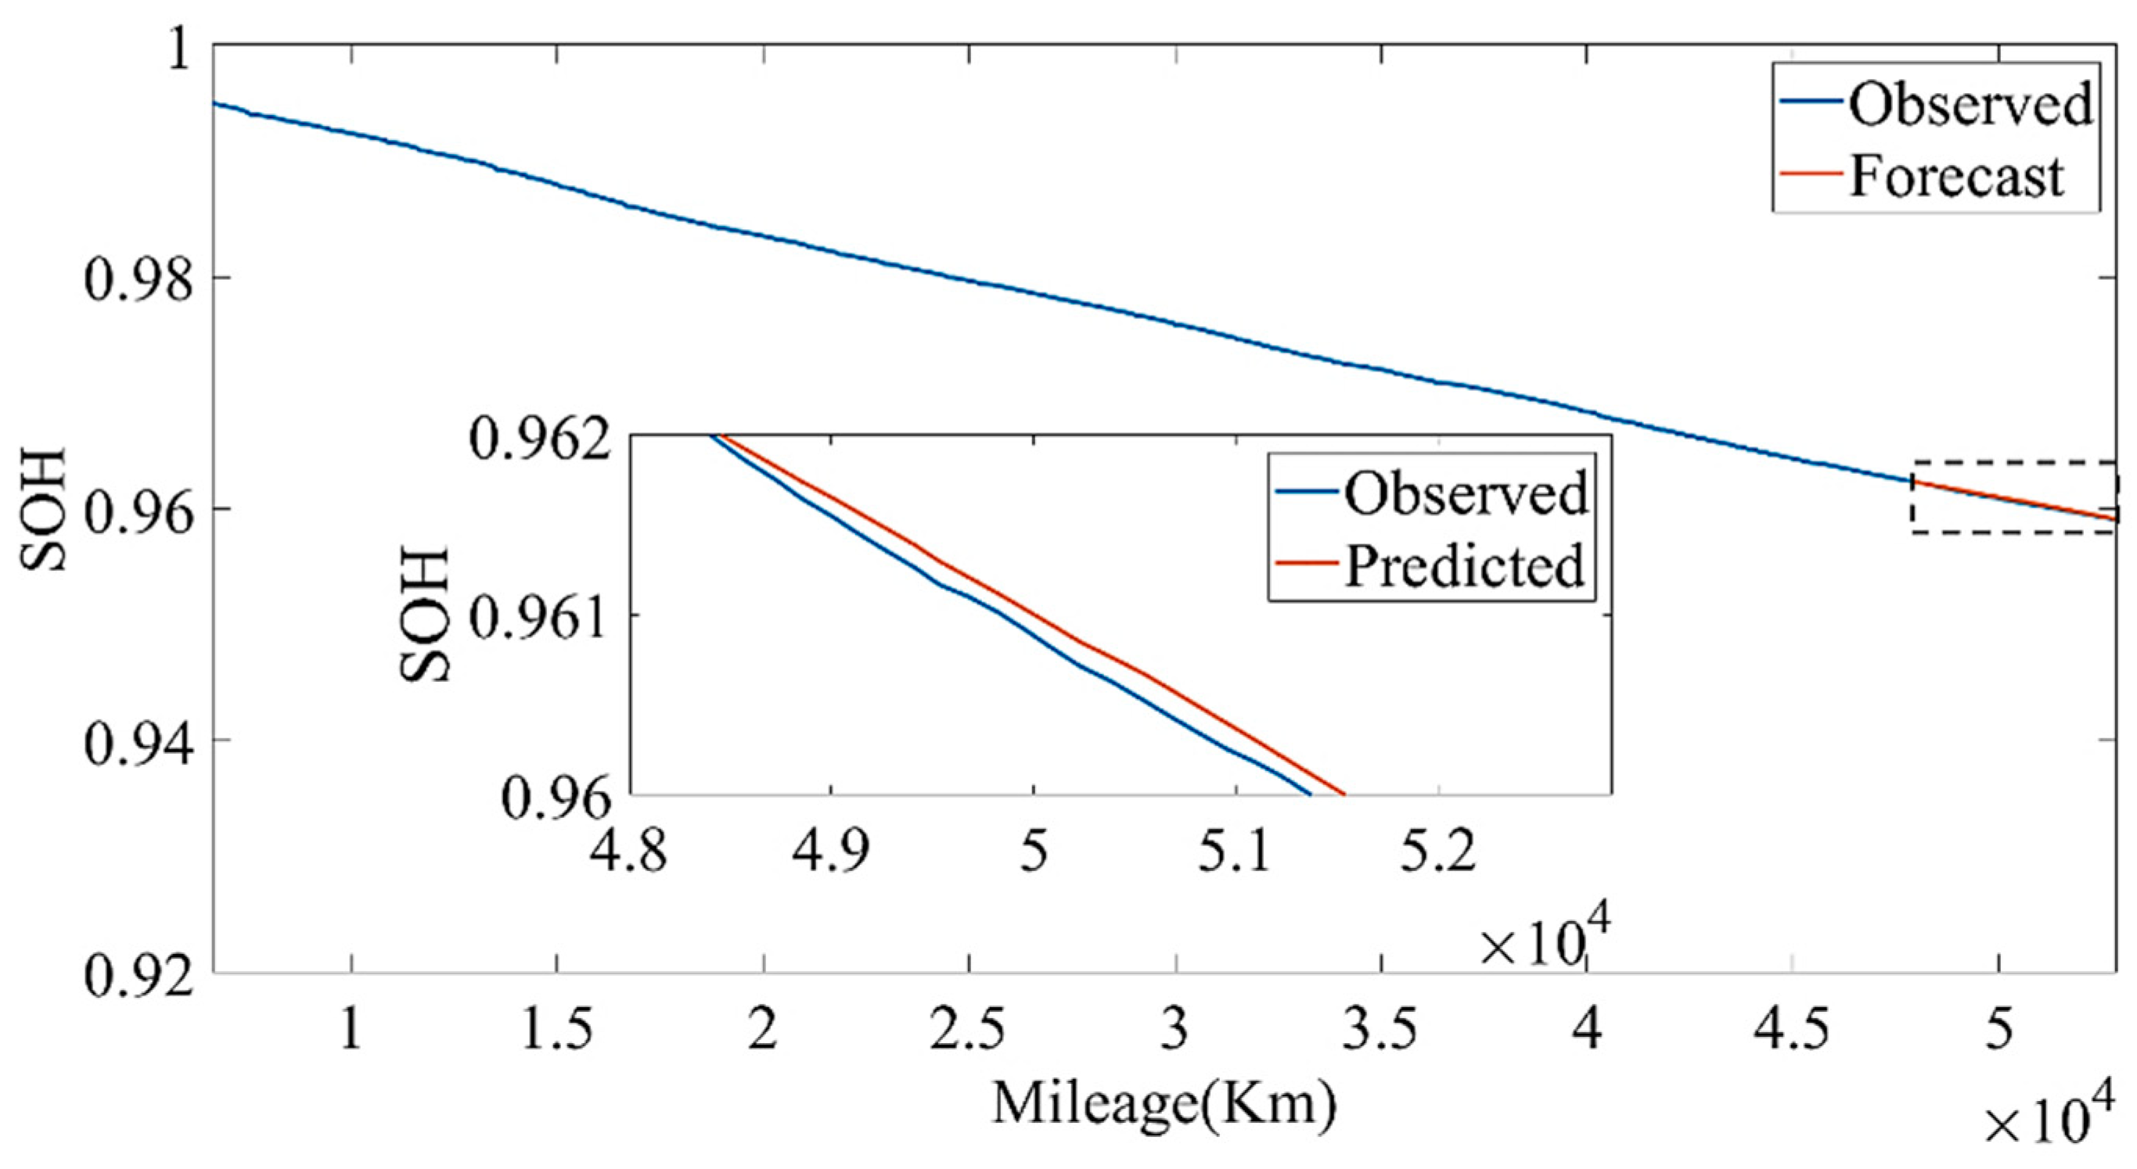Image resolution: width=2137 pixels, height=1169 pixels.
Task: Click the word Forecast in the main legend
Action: (1956, 177)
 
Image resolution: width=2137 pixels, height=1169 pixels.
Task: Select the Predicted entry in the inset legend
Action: (1464, 566)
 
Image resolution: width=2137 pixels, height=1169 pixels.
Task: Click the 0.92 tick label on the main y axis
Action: (139, 973)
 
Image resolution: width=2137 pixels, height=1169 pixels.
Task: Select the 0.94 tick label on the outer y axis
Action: (139, 741)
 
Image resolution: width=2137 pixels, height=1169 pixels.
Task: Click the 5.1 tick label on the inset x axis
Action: (1236, 854)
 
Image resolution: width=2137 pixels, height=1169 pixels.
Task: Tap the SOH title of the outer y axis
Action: (43, 508)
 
